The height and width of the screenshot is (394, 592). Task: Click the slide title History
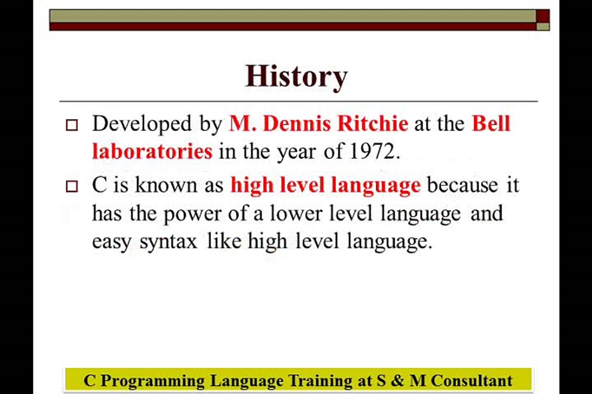tap(296, 76)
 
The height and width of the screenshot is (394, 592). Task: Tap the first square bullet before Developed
tap(72, 125)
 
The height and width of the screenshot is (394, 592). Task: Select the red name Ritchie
tap(372, 124)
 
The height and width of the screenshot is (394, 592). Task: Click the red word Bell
tap(491, 124)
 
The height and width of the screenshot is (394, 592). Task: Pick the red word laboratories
tap(152, 152)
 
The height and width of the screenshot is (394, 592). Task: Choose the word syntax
tap(168, 242)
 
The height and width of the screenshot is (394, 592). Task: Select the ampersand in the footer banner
tap(397, 380)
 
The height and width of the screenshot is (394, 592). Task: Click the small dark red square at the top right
tap(543, 16)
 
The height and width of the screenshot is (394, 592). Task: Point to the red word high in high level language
tap(252, 185)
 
